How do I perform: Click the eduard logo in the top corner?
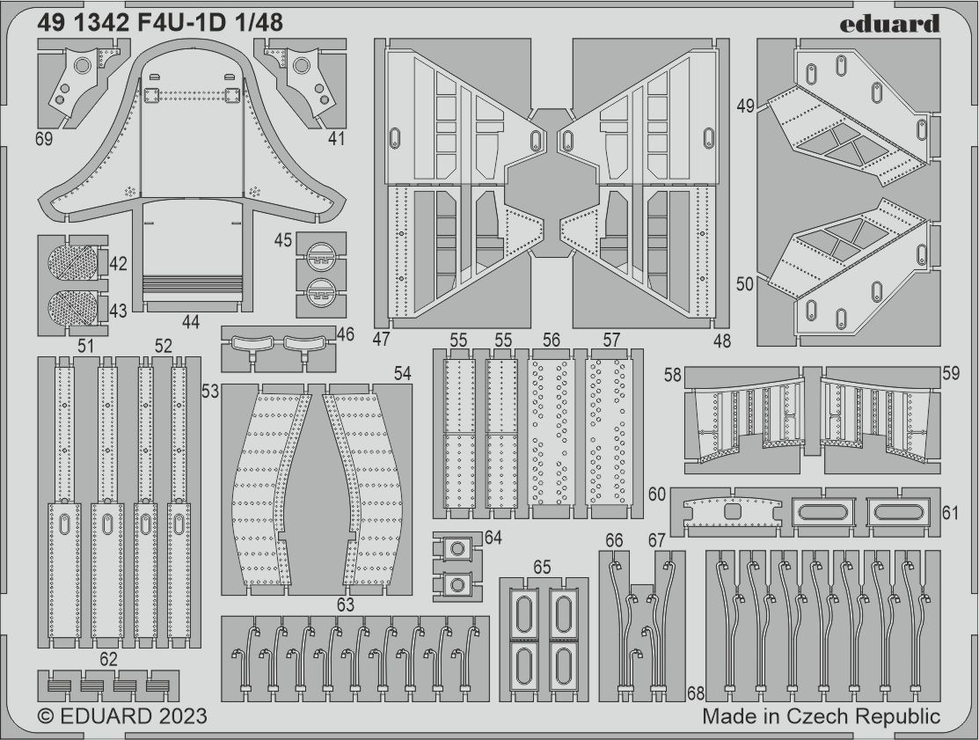click(x=889, y=24)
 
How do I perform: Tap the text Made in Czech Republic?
click(x=821, y=716)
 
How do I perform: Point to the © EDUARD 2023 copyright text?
click(x=122, y=716)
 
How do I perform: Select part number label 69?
click(x=45, y=139)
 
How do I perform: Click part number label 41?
click(x=336, y=139)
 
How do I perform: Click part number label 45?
click(x=283, y=240)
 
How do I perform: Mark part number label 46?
click(x=345, y=333)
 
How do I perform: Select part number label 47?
click(x=382, y=340)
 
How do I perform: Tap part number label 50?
click(x=745, y=283)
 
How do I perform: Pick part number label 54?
click(x=402, y=374)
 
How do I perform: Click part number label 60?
click(x=657, y=495)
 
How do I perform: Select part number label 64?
click(x=493, y=538)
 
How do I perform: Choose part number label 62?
click(x=108, y=658)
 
